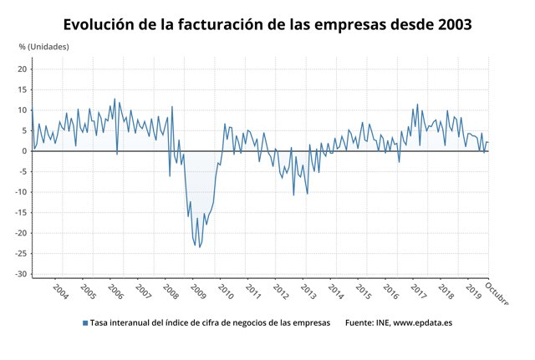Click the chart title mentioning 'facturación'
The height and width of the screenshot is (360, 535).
[x=267, y=24]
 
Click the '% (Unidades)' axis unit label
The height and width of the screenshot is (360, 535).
[x=43, y=47]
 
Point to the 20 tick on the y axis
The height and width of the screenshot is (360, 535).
[x=23, y=69]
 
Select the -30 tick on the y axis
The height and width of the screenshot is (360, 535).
[x=21, y=274]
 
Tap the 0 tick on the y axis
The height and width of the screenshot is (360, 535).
[x=25, y=151]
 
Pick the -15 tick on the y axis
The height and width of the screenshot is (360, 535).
[x=21, y=212]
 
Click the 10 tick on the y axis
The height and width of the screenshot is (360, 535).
[x=23, y=110]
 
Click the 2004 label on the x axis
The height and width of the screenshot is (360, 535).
[x=60, y=292]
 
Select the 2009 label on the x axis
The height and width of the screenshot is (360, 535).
[x=198, y=292]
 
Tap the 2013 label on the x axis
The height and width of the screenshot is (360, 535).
[x=308, y=292]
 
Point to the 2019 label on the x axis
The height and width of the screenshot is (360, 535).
[x=473, y=292]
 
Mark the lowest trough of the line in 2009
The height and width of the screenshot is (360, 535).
[x=200, y=247]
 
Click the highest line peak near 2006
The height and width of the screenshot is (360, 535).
[x=115, y=99]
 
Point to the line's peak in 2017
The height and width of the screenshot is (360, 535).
[x=417, y=104]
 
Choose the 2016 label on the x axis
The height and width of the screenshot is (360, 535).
[x=391, y=292]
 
